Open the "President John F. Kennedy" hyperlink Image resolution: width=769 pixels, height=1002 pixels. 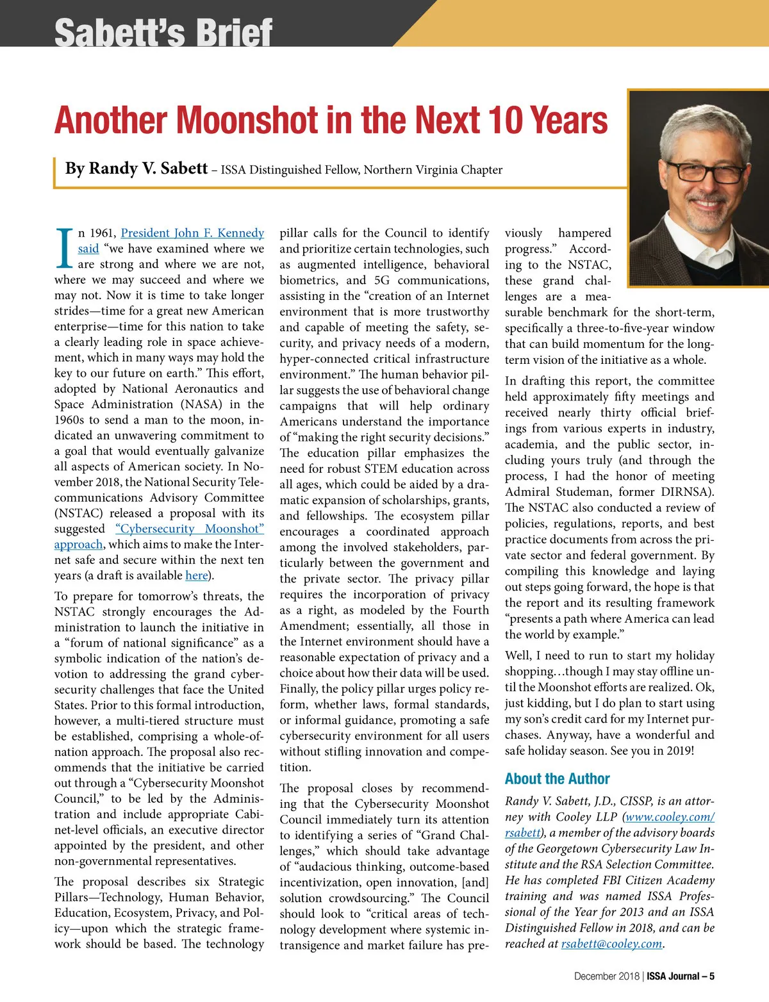point(192,233)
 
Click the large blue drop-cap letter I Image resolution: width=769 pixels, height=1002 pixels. point(64,249)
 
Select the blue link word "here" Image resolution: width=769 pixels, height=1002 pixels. point(196,575)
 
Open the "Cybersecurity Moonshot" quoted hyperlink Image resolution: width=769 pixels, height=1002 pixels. point(190,529)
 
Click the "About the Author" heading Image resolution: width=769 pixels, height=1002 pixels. point(557,778)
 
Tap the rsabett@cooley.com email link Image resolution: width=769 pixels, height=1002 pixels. point(611,944)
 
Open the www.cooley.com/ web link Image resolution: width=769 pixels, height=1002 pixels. point(670,817)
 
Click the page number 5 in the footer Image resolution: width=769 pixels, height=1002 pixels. point(711,976)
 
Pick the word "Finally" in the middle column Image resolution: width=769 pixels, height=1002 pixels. point(299,689)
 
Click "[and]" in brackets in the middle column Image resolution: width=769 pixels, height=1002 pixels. point(475,883)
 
